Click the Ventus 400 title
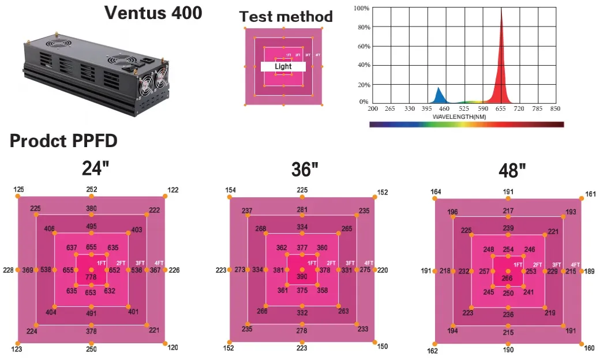pos(153,13)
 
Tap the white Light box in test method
pos(283,66)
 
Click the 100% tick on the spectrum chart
pos(361,8)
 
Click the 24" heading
pos(95,168)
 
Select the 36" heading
pos(305,170)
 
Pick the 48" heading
pos(512,171)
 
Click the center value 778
pos(91,277)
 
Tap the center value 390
pos(302,277)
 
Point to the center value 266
pos(507,279)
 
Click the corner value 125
pos(18,189)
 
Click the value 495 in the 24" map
pos(91,226)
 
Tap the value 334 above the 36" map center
pos(302,227)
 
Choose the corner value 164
pos(436,192)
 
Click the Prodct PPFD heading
pos(63,141)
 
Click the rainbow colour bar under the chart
pos(466,124)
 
